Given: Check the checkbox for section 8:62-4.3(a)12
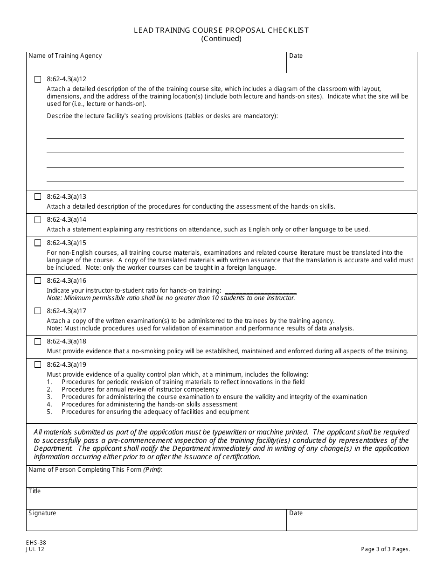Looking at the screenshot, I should (38, 79).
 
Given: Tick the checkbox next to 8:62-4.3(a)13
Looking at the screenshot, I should (38, 197).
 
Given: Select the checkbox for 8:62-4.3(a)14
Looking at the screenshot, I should (38, 220).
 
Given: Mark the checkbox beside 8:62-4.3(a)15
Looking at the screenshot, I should (38, 243).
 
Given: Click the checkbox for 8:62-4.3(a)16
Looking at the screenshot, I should (38, 281).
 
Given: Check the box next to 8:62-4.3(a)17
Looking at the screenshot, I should (38, 311).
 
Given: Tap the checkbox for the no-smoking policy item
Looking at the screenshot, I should (38, 342).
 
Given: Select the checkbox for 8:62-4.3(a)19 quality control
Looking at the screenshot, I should (38, 365).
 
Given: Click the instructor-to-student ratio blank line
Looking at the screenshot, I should (261, 291).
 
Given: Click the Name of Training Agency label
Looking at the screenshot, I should (65, 56).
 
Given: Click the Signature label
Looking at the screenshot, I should (42, 513).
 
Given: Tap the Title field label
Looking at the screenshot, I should (35, 491).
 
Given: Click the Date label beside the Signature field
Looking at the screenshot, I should (296, 513).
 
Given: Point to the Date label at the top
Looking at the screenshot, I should (296, 56).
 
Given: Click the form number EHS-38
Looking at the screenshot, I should (36, 543).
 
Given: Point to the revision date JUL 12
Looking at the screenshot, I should (35, 549).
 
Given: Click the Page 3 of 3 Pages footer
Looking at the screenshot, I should (386, 549).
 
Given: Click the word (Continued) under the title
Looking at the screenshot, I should (221, 39).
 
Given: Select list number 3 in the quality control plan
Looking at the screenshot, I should (49, 397).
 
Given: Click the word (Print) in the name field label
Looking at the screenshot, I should (152, 470).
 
